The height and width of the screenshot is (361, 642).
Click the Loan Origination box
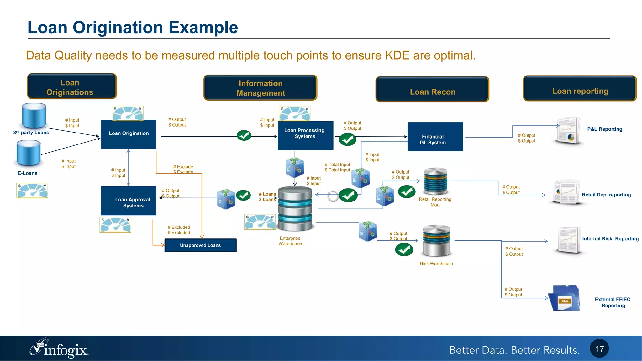tap(129, 134)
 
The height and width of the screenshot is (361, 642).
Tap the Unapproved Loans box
tap(200, 245)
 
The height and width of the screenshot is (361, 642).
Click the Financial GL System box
tap(435, 137)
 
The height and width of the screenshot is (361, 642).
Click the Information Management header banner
tap(260, 88)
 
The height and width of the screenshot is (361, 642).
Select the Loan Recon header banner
tap(432, 89)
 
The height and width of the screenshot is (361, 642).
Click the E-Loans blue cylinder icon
tap(29, 153)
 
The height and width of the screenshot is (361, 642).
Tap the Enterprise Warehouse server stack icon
tap(295, 209)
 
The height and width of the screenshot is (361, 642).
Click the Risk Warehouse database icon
tap(436, 240)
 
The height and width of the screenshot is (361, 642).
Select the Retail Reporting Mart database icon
tap(435, 181)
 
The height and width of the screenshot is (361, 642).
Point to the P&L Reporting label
tap(604, 129)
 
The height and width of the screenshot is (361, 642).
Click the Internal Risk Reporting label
tap(610, 239)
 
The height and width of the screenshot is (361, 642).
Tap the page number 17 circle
tap(599, 348)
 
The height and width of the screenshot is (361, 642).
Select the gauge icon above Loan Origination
tap(128, 113)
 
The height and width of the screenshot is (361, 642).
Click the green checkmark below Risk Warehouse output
tap(404, 250)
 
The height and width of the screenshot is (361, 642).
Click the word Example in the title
tap(203, 28)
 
